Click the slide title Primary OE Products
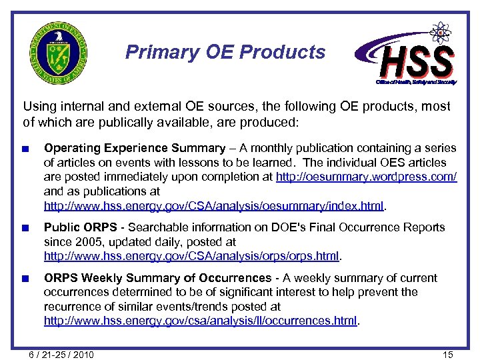click(225, 52)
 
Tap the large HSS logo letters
click(417, 61)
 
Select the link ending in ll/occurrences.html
click(201, 321)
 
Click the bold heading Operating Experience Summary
click(135, 148)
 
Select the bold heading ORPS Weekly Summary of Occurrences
click(157, 277)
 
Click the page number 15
click(447, 354)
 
